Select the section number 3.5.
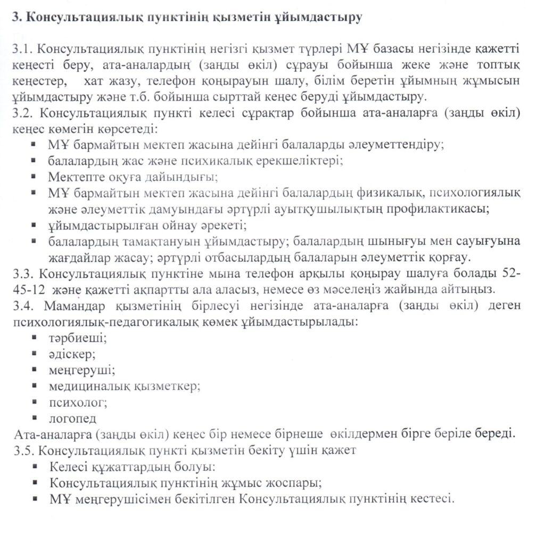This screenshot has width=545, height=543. point(22,450)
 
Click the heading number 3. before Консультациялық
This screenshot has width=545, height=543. point(15,17)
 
